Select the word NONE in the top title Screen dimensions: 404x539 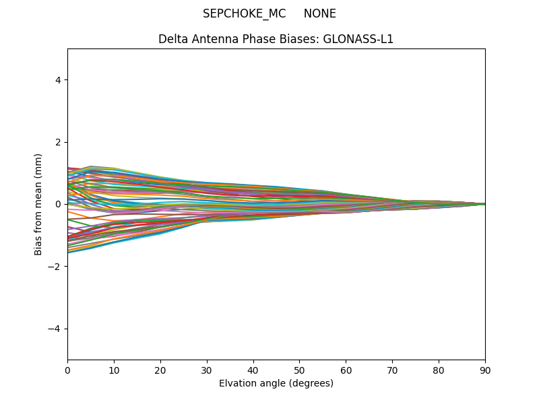tap(319, 13)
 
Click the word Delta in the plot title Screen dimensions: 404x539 tap(172, 39)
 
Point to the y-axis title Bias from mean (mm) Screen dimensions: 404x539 tap(38, 204)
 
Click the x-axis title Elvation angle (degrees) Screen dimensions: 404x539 tap(276, 383)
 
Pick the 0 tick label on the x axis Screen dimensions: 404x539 tap(67, 369)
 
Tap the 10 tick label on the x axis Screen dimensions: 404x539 tap(114, 369)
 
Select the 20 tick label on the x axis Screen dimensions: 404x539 tap(160, 369)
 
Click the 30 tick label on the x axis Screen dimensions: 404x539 tap(207, 369)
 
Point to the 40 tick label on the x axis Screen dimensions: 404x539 tap(253, 369)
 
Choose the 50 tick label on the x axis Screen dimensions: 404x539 tap(299, 369)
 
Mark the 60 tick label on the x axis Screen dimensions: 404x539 tap(346, 369)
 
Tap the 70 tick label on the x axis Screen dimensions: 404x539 tap(392, 369)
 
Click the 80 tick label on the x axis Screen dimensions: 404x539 tap(439, 369)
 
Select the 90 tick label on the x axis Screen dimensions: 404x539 tap(485, 369)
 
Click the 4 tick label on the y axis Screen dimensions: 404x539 tap(58, 80)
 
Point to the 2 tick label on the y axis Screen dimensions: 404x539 tap(58, 142)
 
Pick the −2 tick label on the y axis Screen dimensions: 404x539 tap(55, 266)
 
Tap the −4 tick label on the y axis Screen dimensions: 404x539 tap(55, 329)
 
